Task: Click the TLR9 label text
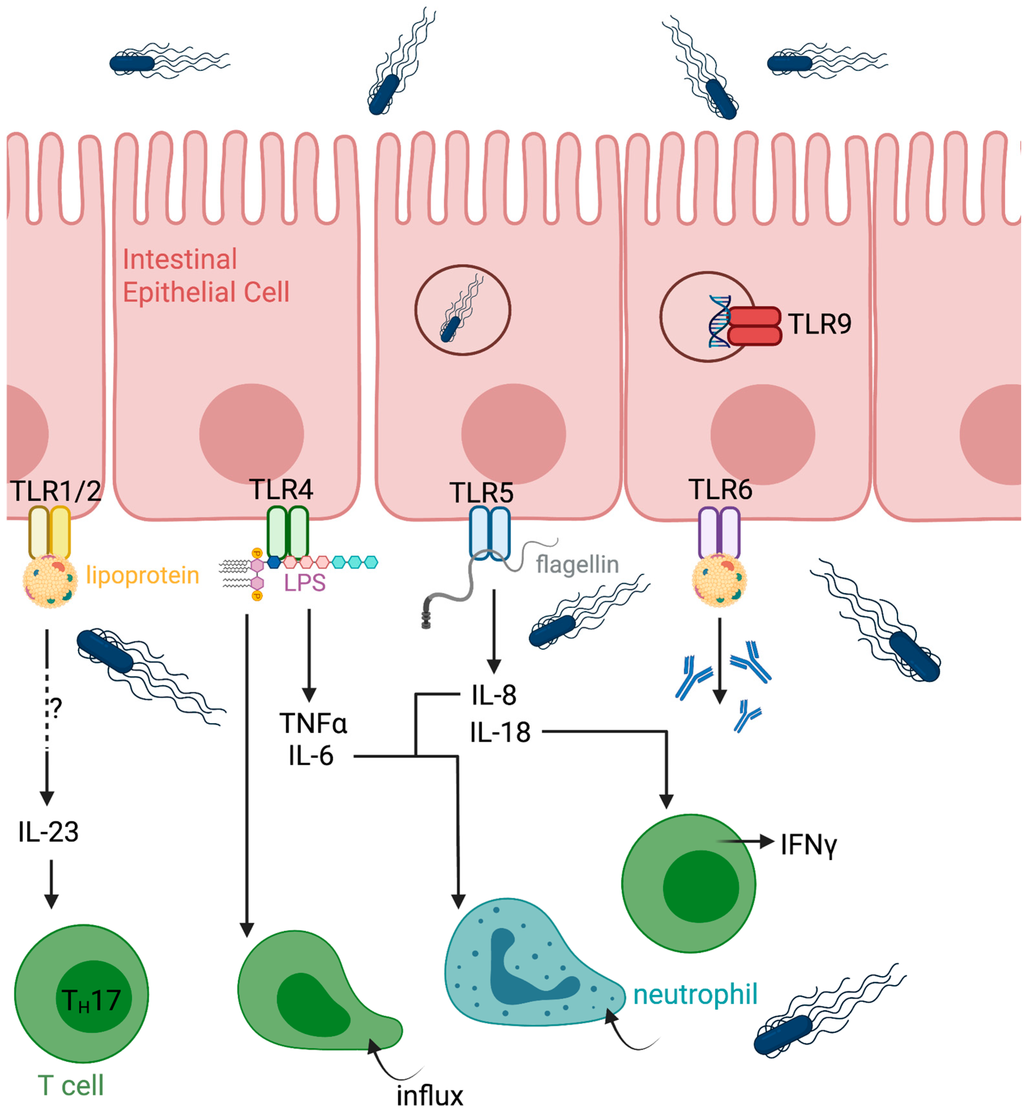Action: [820, 324]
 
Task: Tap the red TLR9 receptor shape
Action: [754, 326]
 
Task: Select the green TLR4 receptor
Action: [288, 532]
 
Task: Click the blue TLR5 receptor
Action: [490, 532]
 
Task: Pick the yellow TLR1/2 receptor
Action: [50, 532]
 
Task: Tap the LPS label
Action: [304, 583]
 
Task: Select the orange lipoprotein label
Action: [143, 575]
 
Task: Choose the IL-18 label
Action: [500, 733]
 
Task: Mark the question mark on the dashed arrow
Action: [56, 708]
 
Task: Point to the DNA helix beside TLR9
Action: [719, 322]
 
